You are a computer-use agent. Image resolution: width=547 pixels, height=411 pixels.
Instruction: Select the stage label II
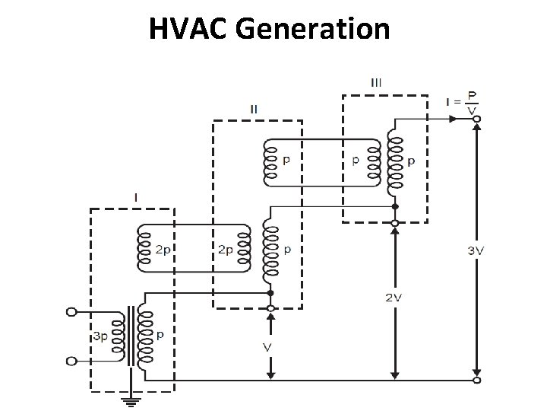point(254,109)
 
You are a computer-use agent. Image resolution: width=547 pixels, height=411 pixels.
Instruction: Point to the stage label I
point(135,197)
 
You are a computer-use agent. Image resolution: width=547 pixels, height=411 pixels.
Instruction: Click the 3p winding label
point(100,336)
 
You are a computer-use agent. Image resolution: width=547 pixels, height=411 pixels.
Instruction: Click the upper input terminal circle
point(72,311)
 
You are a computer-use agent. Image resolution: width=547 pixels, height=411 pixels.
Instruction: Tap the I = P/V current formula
point(464,104)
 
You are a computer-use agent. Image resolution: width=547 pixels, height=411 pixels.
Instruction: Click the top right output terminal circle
point(476,119)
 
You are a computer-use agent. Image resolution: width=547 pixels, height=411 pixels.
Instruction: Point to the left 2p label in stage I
point(163,249)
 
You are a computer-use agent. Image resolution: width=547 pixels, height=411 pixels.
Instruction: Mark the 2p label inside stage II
point(226,249)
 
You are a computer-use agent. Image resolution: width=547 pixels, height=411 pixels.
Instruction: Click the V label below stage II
point(267,347)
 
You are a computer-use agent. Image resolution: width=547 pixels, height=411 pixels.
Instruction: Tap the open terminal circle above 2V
point(394,222)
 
